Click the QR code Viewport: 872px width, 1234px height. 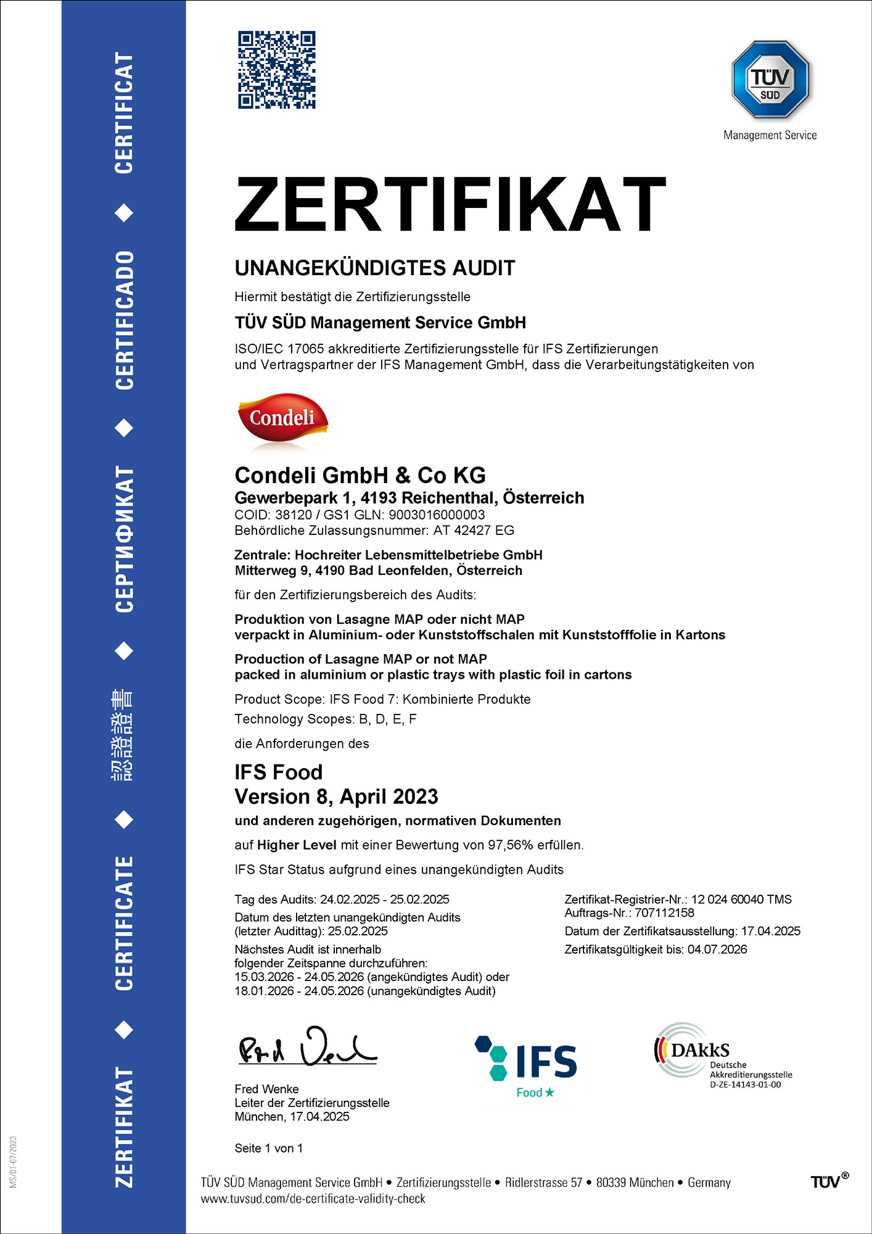click(277, 70)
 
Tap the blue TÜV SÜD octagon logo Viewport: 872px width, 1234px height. click(770, 80)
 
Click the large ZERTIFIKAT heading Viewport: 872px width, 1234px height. click(450, 204)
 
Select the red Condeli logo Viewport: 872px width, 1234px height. click(282, 419)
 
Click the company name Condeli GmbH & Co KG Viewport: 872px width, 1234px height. click(360, 475)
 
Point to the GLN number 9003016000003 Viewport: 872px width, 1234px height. click(437, 515)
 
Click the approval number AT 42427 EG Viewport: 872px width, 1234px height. click(474, 530)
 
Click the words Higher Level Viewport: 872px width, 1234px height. click(297, 845)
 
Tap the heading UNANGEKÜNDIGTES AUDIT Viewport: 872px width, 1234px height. click(374, 268)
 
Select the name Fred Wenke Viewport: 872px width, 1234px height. click(266, 1089)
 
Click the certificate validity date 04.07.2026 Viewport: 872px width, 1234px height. click(717, 949)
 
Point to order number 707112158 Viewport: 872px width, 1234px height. click(664, 913)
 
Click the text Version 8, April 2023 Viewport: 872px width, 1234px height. click(336, 797)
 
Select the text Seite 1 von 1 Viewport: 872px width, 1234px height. click(268, 1148)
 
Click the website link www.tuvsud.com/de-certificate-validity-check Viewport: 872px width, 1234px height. click(313, 1199)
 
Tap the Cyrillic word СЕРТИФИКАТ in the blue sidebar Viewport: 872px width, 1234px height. click(124, 538)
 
